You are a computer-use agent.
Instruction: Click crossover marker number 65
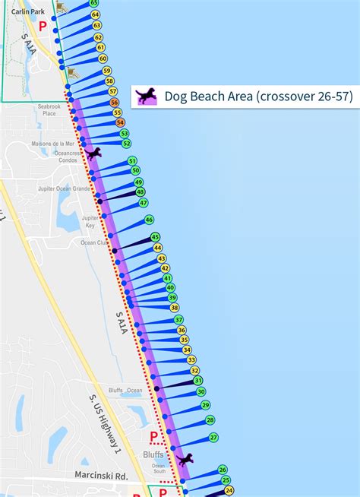pyautogui.click(x=93, y=4)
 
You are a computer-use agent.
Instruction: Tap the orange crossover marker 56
pyautogui.click(x=114, y=102)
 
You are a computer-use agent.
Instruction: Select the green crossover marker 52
pyautogui.click(x=126, y=143)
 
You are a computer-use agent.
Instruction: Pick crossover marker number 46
pyautogui.click(x=149, y=220)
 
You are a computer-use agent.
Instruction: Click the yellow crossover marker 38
pyautogui.click(x=175, y=308)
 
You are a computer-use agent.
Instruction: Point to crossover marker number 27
pyautogui.click(x=213, y=437)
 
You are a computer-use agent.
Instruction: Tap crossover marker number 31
pyautogui.click(x=197, y=380)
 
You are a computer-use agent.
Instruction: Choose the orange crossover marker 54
pyautogui.click(x=120, y=122)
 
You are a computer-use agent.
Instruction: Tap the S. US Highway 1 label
pyautogui.click(x=104, y=425)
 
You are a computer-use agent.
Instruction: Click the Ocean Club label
pyautogui.click(x=95, y=243)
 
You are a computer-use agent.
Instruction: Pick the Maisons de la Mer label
pyautogui.click(x=53, y=143)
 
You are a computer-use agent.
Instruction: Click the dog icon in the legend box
pyautogui.click(x=146, y=96)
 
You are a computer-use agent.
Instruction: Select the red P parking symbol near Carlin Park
pyautogui.click(x=43, y=26)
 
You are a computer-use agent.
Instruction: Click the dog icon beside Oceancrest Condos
pyautogui.click(x=93, y=154)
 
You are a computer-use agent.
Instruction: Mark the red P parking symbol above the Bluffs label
pyautogui.click(x=153, y=436)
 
